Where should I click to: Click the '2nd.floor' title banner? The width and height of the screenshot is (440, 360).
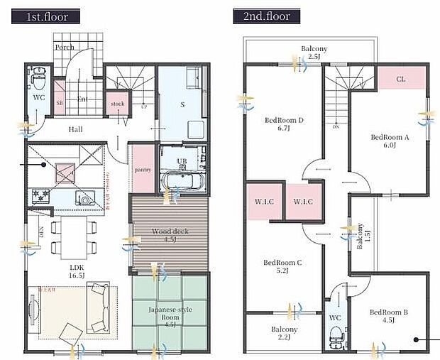tap(266, 16)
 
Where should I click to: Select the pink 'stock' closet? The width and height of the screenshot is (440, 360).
tap(118, 103)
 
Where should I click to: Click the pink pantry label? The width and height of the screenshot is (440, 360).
tap(143, 170)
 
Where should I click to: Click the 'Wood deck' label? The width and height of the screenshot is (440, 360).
tap(170, 235)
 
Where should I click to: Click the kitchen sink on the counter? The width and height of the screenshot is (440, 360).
tap(86, 198)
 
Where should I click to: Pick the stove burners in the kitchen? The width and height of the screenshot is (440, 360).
tap(39, 195)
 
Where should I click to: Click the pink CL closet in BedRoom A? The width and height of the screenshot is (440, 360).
tap(401, 79)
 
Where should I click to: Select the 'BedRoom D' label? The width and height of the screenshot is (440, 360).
tap(284, 124)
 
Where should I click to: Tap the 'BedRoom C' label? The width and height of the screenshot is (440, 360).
tap(282, 266)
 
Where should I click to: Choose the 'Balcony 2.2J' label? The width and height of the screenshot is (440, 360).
tap(284, 334)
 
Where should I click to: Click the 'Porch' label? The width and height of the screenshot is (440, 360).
tap(65, 48)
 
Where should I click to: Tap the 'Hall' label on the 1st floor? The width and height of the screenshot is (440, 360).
tap(76, 129)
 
